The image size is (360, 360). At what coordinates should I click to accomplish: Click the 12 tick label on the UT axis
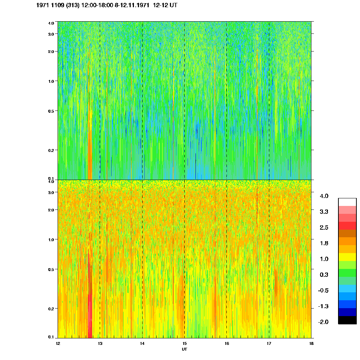pos(58,343)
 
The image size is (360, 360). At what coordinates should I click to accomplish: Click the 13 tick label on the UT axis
pos(100,343)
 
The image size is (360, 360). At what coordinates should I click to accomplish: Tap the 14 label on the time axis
pos(142,343)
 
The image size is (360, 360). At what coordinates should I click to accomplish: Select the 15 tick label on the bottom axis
pos(184,343)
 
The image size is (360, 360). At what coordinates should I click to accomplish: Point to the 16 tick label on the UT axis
pos(227,343)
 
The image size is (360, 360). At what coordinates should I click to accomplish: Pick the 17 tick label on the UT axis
pos(269,343)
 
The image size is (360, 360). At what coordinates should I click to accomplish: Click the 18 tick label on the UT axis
pos(311,343)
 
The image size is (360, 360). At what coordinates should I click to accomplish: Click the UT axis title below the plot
pos(184,349)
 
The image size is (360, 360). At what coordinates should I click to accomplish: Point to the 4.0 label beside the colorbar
pos(324,196)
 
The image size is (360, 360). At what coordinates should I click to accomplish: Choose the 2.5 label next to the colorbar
pos(324,228)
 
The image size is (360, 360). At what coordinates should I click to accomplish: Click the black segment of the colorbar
pos(347,320)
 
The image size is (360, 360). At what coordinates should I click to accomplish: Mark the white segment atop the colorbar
pos(347,202)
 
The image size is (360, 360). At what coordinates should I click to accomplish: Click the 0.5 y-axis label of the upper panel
pos(50,111)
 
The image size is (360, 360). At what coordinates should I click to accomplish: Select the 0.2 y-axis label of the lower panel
pos(50,309)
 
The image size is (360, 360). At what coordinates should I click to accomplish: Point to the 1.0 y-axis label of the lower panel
pos(50,240)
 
